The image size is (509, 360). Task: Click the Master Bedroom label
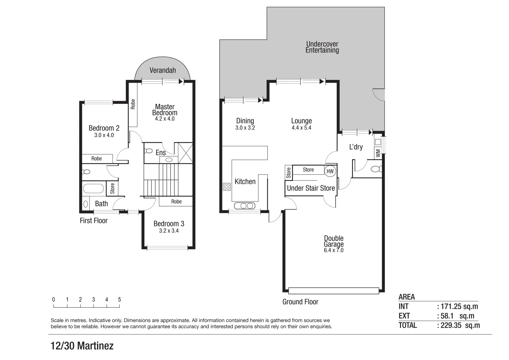tap(165, 110)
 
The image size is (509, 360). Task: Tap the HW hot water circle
tap(330, 171)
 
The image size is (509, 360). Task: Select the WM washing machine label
tap(378, 153)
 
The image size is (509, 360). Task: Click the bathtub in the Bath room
tap(93, 189)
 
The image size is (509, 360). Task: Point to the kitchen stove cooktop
tap(227, 187)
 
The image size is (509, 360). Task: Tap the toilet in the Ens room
tap(148, 151)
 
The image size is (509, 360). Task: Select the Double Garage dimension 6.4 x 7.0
tap(333, 250)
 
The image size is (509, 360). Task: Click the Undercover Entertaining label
tap(322, 47)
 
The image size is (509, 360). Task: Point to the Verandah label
tap(163, 70)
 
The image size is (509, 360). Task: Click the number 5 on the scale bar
tap(119, 300)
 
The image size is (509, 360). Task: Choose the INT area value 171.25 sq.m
tap(457, 307)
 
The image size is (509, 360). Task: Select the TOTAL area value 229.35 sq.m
tap(458, 325)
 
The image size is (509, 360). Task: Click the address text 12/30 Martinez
tap(82, 346)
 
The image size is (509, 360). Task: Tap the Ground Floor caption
tap(300, 302)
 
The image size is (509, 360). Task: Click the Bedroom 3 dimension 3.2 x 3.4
tap(169, 231)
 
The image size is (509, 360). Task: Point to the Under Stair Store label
tap(311, 188)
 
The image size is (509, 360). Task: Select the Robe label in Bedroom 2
tap(97, 159)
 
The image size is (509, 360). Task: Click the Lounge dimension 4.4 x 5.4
tap(301, 128)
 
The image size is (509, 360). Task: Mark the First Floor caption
tap(94, 221)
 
